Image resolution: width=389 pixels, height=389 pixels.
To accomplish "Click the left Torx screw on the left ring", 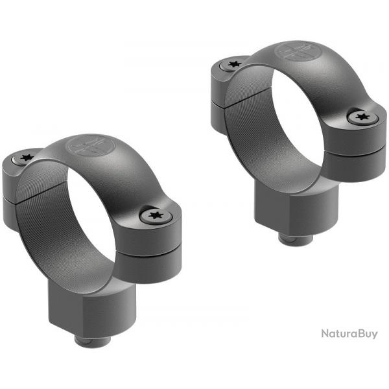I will pos(26,157).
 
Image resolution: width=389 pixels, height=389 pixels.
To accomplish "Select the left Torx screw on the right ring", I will pos(233,65).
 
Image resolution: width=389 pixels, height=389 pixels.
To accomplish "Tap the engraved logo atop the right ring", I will pos(297,51).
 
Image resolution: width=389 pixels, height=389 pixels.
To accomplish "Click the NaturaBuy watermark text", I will pos(349,334).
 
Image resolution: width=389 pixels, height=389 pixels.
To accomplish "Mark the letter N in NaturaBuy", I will pos(325,334).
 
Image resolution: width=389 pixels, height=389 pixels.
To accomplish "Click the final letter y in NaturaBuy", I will pos(373,336).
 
